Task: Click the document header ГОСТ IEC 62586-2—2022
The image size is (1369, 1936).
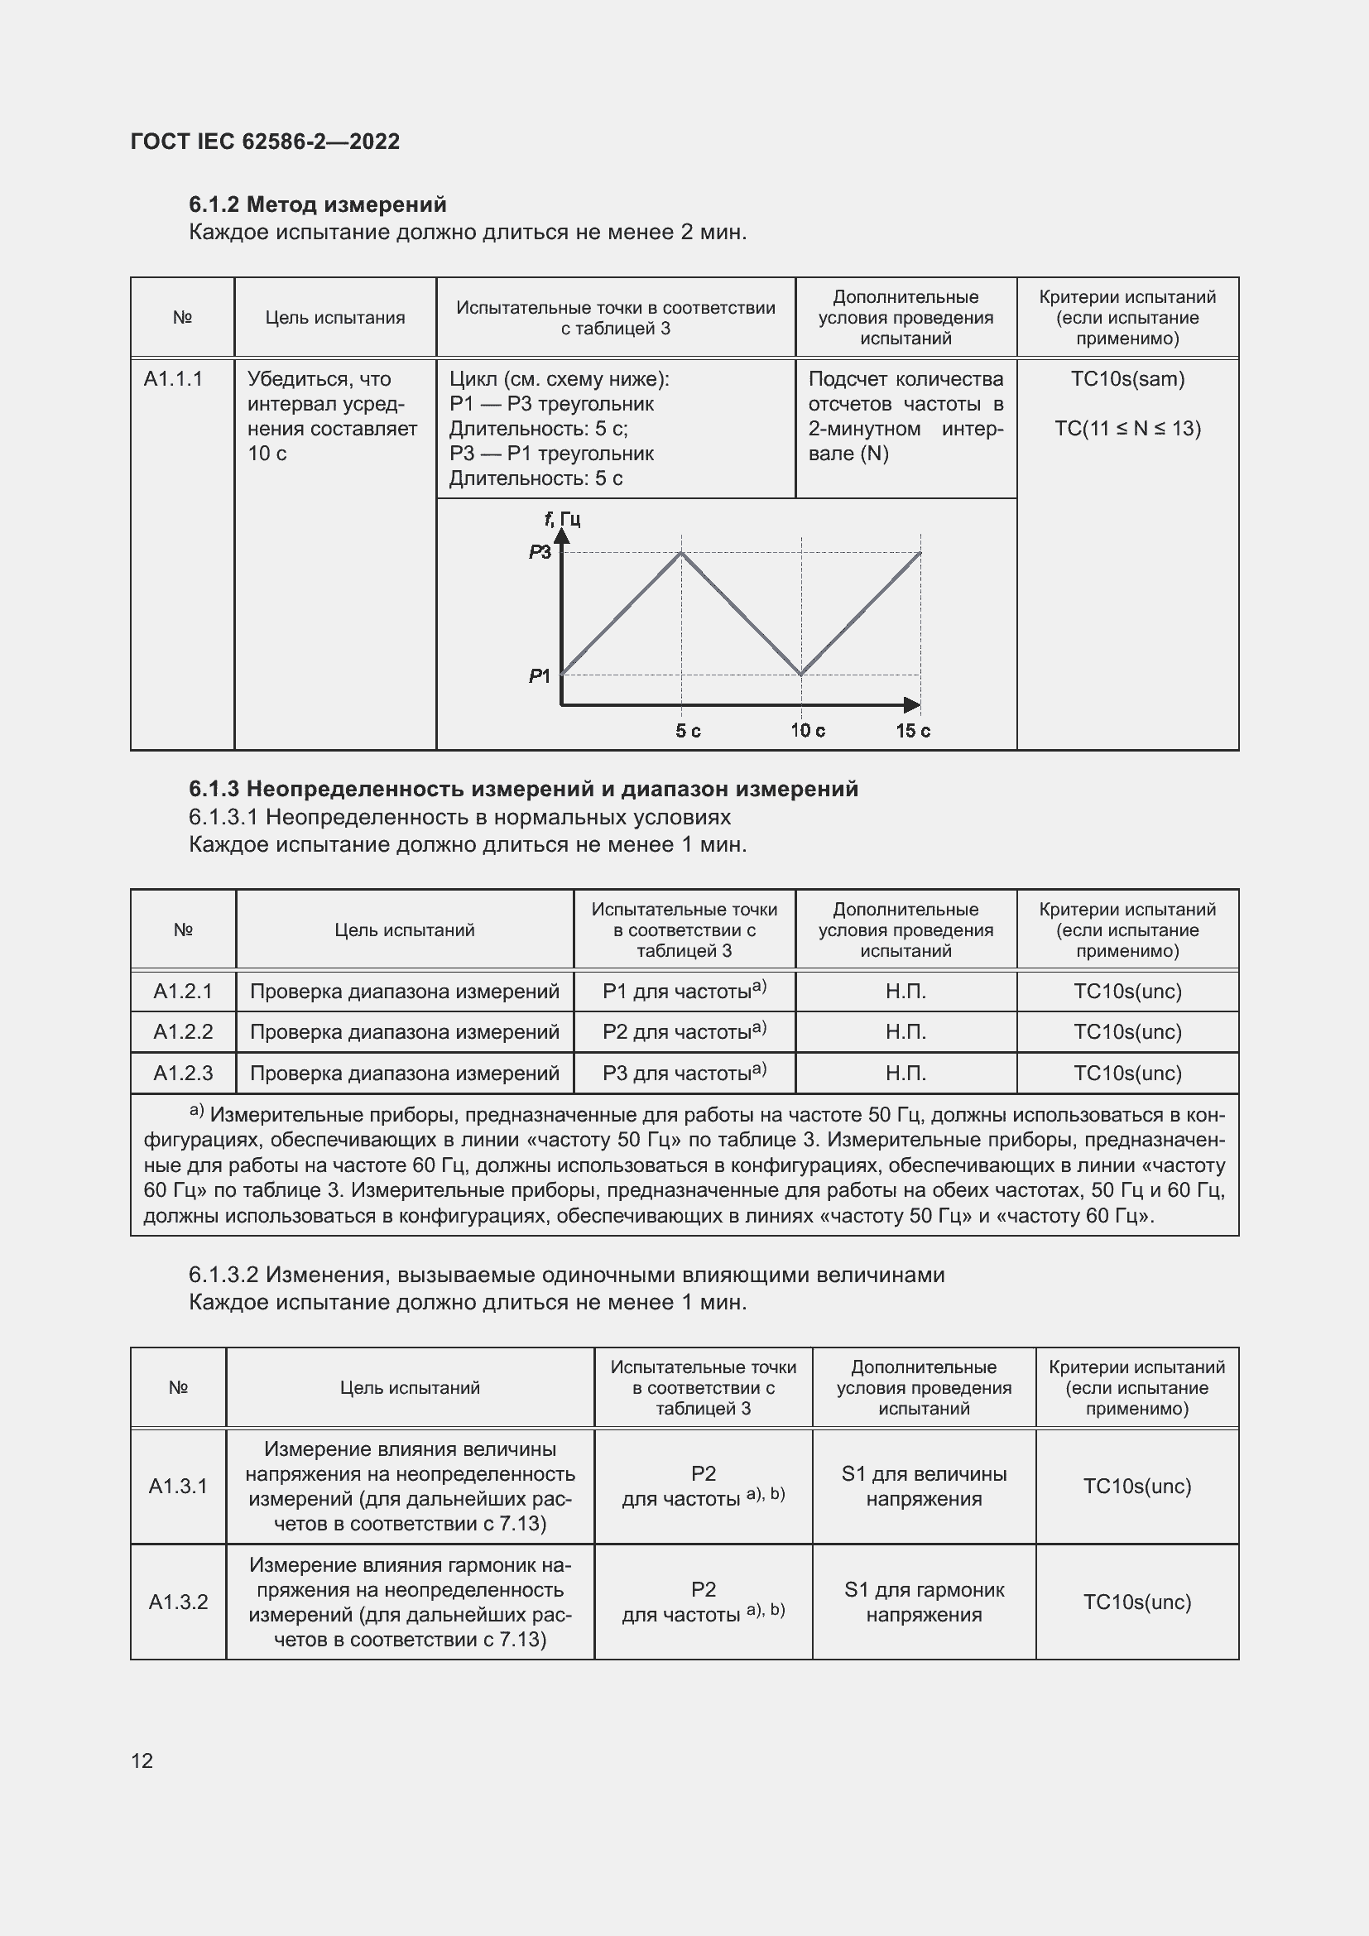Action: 265,142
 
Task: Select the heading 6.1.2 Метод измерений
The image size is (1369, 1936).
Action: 317,204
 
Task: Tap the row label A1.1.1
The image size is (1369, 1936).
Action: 173,378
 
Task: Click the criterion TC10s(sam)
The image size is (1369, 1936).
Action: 1127,378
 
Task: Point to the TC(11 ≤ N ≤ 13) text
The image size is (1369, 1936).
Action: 1127,429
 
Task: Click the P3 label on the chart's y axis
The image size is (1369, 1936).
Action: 540,552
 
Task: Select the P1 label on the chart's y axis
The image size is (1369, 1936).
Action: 540,675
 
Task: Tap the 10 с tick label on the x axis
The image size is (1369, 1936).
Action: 807,730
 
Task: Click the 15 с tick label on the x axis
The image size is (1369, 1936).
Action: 913,730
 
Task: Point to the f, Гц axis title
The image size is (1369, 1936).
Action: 562,519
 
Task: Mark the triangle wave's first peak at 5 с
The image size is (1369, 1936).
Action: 682,553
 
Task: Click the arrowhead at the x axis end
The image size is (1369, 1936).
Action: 912,704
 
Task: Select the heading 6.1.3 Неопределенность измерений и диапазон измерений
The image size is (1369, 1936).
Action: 522,789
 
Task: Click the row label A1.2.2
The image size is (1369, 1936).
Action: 183,1031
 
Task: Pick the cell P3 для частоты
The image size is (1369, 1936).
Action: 684,1073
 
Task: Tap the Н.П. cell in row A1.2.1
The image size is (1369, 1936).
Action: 905,991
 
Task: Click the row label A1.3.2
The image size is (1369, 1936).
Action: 178,1602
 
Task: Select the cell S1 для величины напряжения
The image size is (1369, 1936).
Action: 924,1486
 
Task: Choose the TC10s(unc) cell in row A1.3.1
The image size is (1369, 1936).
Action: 1136,1486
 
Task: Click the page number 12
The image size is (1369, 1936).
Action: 142,1760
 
